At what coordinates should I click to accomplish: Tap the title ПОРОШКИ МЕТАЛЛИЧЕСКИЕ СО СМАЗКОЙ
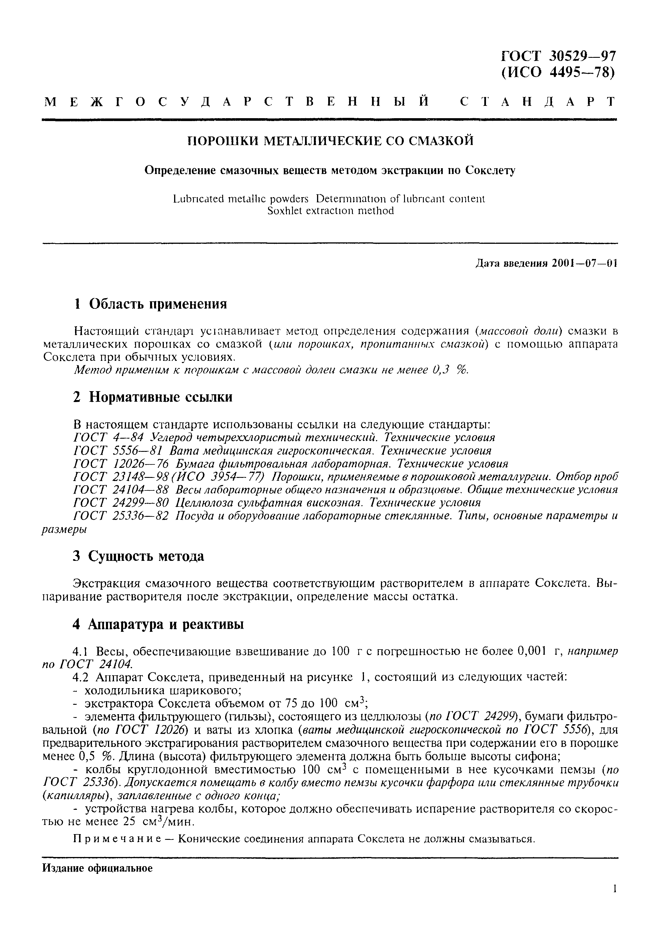(x=330, y=141)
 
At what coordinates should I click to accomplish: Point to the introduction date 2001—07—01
(x=585, y=264)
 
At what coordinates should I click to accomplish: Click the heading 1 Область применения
(x=150, y=304)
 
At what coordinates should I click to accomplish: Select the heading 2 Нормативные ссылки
(x=153, y=397)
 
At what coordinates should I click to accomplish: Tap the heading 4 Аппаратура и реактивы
(x=158, y=624)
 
